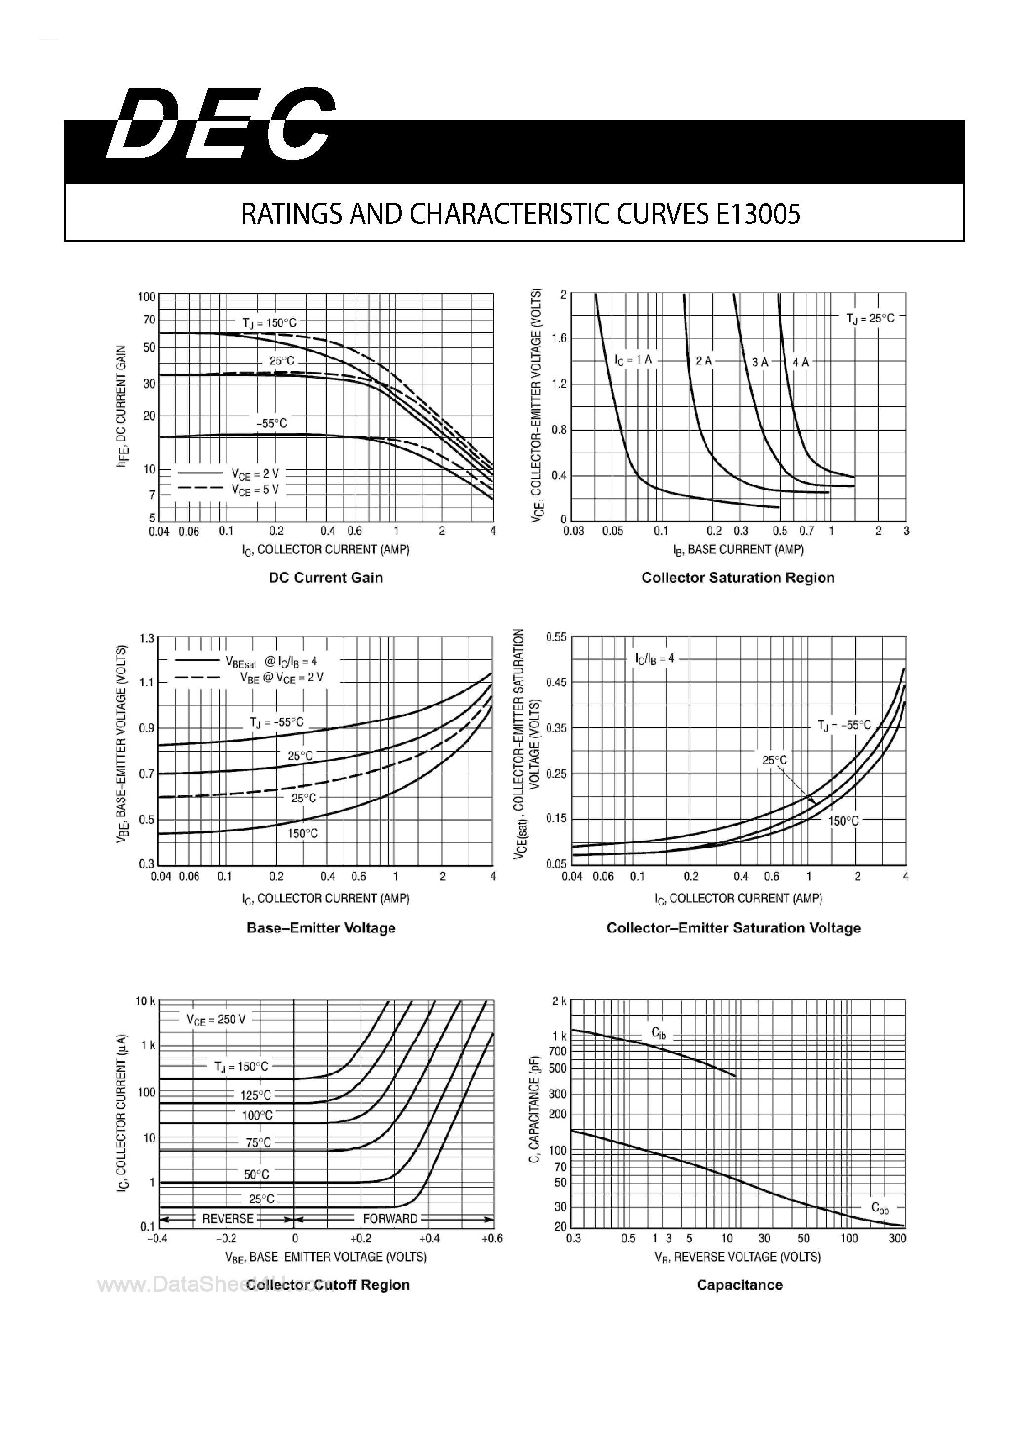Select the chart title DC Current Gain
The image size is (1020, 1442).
[x=325, y=578]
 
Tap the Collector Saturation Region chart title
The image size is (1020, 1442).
[x=738, y=578]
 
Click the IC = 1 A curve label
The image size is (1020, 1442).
[x=632, y=360]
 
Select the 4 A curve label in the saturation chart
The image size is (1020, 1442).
[x=801, y=362]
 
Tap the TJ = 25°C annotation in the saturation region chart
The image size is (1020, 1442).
[x=870, y=319]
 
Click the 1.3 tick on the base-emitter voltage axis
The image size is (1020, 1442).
[x=146, y=639]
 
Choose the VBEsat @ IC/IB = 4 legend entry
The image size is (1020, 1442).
[x=271, y=661]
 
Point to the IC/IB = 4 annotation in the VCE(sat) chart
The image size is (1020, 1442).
[x=655, y=659]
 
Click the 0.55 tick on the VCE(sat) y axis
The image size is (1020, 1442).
[x=556, y=637]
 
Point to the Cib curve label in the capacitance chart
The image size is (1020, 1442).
[x=658, y=1033]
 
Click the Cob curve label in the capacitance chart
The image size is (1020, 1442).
[x=879, y=1208]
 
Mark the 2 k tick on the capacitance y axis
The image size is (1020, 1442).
[x=559, y=1001]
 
